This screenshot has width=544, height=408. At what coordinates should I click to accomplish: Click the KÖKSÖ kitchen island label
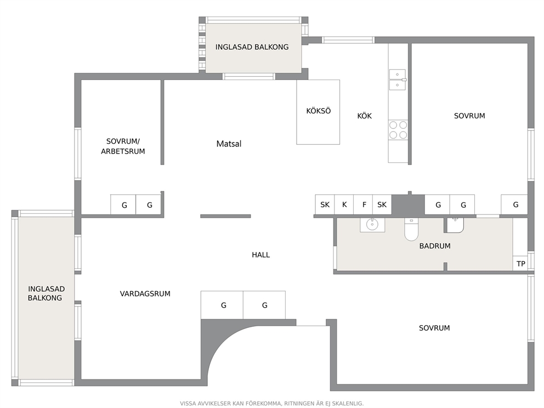click(318, 111)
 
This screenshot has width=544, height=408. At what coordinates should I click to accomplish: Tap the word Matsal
click(229, 144)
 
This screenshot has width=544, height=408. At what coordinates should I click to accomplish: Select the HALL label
click(260, 255)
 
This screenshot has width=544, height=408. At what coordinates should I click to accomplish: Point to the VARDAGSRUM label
click(145, 294)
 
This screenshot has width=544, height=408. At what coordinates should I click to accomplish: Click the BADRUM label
click(435, 246)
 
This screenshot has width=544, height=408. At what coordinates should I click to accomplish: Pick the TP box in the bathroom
click(520, 264)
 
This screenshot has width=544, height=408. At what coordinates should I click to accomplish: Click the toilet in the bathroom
click(411, 229)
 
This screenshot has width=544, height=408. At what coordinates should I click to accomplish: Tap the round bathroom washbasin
click(372, 224)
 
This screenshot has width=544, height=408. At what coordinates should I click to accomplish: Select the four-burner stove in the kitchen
click(398, 130)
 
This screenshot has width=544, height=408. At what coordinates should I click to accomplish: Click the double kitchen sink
click(397, 80)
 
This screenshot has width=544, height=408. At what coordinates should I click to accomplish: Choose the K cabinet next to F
click(344, 205)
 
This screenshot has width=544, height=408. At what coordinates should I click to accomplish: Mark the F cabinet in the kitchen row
click(363, 205)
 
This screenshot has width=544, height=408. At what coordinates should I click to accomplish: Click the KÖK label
click(364, 116)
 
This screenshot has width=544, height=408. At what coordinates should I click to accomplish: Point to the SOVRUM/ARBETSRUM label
click(123, 146)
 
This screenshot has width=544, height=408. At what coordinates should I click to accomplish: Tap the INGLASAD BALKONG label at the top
click(252, 47)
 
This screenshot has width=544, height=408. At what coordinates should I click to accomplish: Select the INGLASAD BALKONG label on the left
click(46, 293)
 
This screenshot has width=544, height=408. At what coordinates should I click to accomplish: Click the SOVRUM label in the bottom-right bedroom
click(434, 328)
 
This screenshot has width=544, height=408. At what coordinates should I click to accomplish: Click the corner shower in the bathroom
click(454, 225)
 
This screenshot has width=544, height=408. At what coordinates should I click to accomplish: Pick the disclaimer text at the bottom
click(271, 404)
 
